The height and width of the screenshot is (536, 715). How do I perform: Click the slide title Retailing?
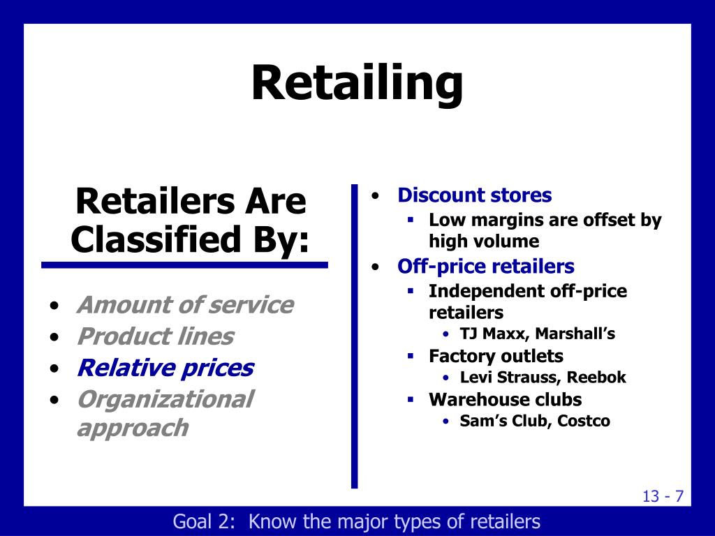point(357,82)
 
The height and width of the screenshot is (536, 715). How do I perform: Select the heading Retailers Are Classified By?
point(189,221)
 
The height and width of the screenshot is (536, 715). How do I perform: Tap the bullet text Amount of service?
point(185,305)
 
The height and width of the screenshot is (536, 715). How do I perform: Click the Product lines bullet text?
point(155,336)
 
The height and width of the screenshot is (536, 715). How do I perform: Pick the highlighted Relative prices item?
point(165,368)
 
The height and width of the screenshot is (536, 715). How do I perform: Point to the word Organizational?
point(165,399)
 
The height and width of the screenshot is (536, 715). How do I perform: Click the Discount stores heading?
point(475,195)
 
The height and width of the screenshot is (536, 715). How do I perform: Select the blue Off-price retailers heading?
point(486,267)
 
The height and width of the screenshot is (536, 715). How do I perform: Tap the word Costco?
point(584,421)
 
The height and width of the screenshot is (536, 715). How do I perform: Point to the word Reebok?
point(596,378)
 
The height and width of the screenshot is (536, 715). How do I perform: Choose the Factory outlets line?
point(496,356)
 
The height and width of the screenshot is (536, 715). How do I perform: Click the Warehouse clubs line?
point(505,399)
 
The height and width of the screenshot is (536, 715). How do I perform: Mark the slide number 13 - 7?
point(663,496)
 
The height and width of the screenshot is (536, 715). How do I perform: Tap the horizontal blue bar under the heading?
point(184,265)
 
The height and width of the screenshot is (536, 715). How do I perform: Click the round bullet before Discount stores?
point(376,196)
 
